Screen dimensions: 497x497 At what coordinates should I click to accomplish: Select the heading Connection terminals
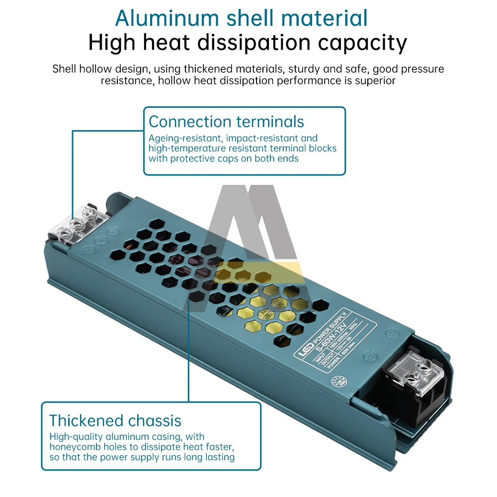coord(226,122)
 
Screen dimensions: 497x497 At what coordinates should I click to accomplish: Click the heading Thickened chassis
coord(115,421)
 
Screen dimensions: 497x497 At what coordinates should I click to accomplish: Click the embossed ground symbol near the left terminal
coord(113,231)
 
